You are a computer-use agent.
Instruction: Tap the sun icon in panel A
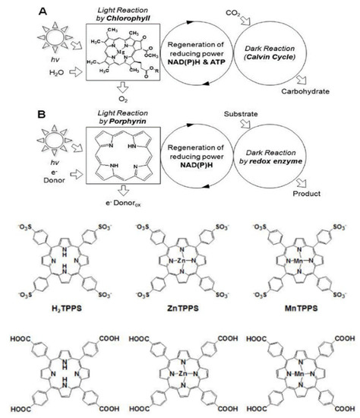[40, 39]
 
